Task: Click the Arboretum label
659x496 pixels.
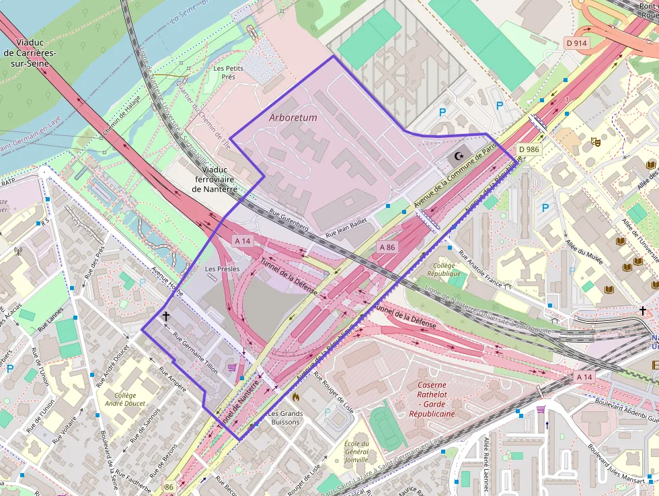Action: [x=293, y=117]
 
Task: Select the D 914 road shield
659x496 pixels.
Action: [x=576, y=43]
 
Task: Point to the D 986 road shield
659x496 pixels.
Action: [x=529, y=149]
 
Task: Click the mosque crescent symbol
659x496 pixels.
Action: [x=460, y=156]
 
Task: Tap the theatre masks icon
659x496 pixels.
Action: [x=594, y=141]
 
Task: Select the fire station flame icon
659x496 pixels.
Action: [x=294, y=397]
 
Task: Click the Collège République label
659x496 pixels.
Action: [x=444, y=269]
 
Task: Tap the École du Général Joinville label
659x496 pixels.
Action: [x=356, y=452]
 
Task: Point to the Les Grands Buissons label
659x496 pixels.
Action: [x=285, y=417]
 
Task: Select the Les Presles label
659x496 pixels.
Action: [x=222, y=269]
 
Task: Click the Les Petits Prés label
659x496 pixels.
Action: [x=229, y=73]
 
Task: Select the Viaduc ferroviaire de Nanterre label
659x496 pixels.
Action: [x=215, y=180]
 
